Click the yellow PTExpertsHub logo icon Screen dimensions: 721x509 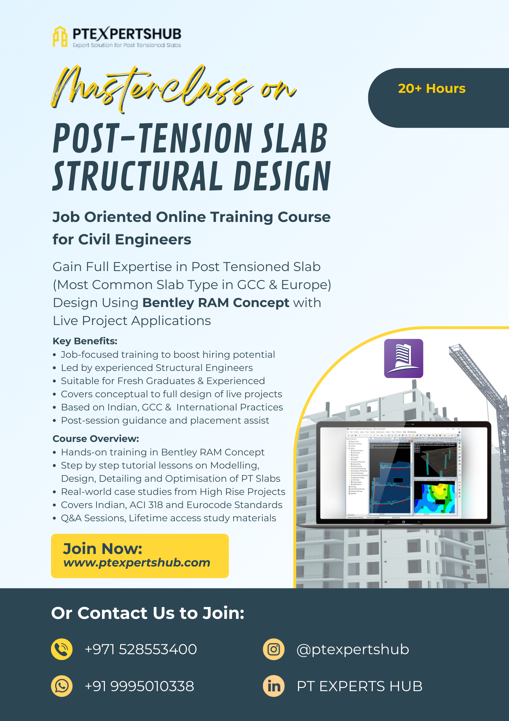click(60, 37)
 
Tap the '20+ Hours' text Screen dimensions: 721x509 click(431, 89)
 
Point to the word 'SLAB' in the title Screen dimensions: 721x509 click(294, 139)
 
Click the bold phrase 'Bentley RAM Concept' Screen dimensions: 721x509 click(216, 303)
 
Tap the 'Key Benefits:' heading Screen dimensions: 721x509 click(85, 341)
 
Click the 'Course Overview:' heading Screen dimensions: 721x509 click(96, 439)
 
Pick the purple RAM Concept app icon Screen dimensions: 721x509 click(403, 358)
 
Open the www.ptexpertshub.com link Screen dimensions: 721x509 click(137, 563)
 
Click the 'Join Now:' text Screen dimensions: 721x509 click(103, 549)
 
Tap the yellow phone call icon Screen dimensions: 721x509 click(62, 649)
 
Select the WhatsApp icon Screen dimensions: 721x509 click(62, 686)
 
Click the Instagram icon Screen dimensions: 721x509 click(274, 649)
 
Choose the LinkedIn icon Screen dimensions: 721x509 click(274, 686)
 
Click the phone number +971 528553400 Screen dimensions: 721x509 click(140, 649)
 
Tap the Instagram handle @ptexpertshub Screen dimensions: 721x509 click(352, 649)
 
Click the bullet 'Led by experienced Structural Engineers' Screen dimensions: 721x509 click(157, 368)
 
